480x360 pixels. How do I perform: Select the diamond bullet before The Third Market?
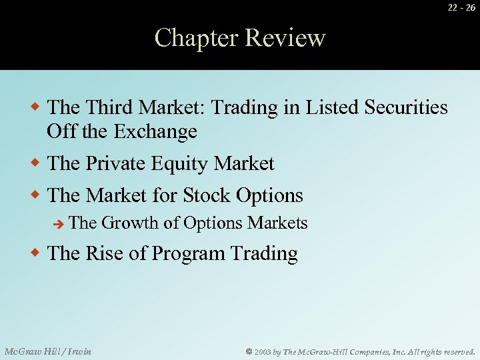[x=37, y=107]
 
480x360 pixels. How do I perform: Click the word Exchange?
[x=155, y=131]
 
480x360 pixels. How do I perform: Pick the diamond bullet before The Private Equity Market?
[x=37, y=163]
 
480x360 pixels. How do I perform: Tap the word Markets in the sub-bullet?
[x=277, y=223]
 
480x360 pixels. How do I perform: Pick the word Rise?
[x=103, y=254]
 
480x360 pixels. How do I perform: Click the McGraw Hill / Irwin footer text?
[x=48, y=351]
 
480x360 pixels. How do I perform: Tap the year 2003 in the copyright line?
[x=262, y=351]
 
